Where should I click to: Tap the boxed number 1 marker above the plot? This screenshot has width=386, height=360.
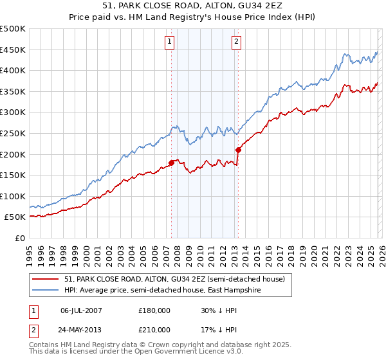click(x=169, y=42)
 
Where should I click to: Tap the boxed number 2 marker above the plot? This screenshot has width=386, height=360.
click(x=236, y=42)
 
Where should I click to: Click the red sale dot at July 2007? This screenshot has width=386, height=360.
click(x=172, y=163)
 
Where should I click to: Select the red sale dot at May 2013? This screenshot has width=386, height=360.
click(x=238, y=150)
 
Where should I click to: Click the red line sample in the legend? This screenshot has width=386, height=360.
click(x=46, y=279)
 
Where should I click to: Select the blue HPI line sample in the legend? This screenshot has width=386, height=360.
click(x=46, y=290)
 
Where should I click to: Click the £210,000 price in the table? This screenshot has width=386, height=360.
click(x=154, y=330)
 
